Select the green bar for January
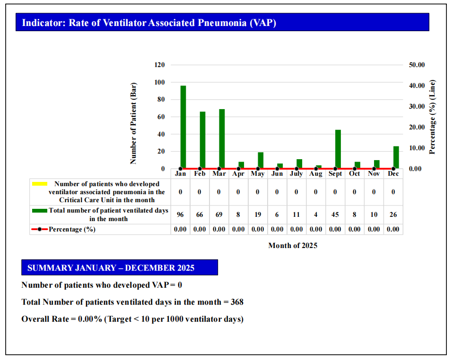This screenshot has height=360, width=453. tap(183, 127)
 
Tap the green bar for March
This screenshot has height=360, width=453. tap(222, 138)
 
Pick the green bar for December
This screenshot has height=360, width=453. tap(396, 157)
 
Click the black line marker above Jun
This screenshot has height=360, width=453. tap(277, 169)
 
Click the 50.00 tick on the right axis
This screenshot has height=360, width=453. tap(417, 65)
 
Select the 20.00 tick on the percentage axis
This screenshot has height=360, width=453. tap(417, 127)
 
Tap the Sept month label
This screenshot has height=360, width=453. tap(335, 174)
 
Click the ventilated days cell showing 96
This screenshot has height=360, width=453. tap(180, 214)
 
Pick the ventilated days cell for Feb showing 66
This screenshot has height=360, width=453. tap(200, 214)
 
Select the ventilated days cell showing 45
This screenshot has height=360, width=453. tap(335, 214)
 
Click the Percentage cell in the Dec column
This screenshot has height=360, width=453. tap(393, 230)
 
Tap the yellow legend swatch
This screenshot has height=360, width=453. tap(39, 184)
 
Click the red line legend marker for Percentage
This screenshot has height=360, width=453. tap(39, 230)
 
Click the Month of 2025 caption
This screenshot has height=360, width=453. tap(293, 246)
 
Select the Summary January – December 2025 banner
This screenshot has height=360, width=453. tap(119, 268)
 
